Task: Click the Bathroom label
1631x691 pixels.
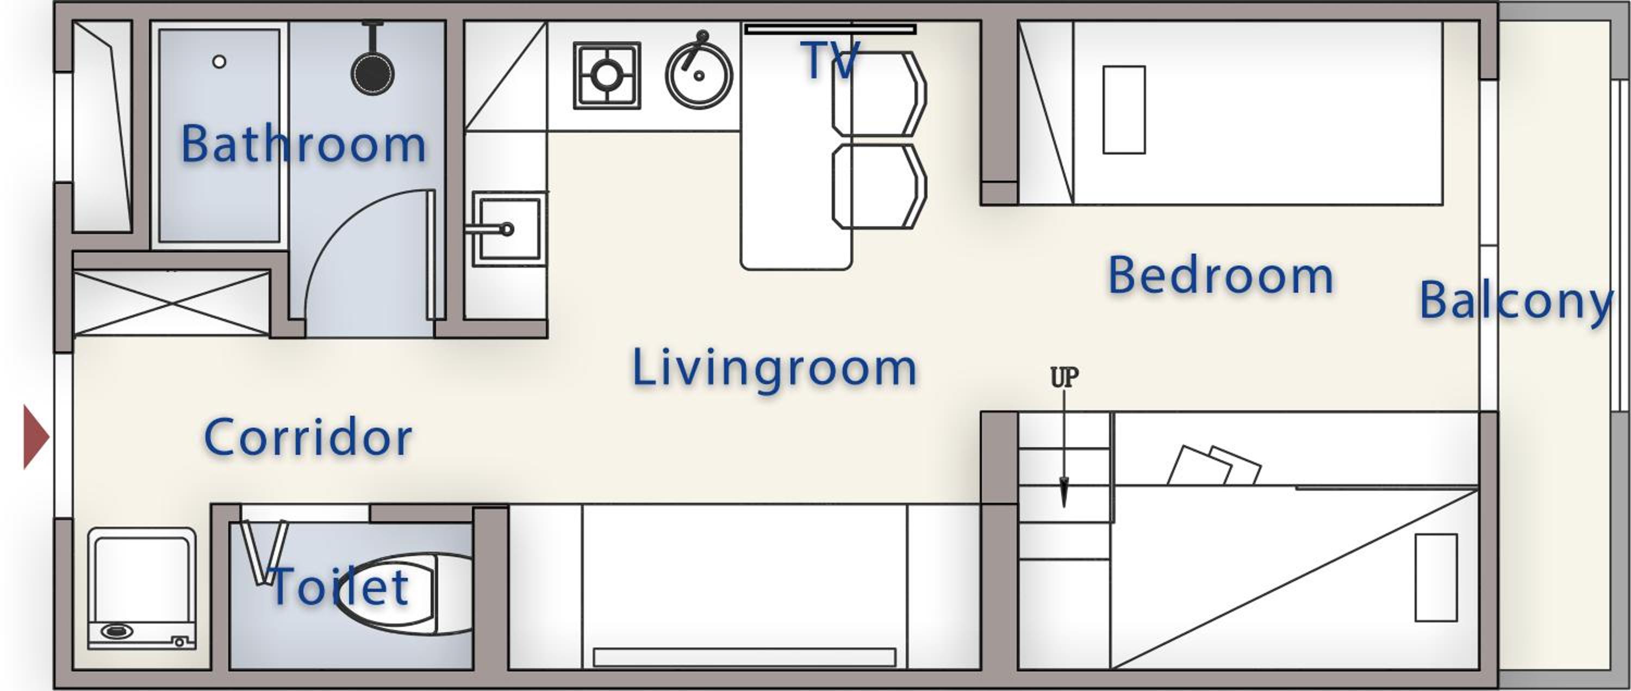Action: tap(303, 144)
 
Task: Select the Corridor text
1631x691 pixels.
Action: tap(308, 437)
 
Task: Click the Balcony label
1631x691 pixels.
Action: tap(1516, 301)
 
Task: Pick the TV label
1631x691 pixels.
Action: tap(830, 60)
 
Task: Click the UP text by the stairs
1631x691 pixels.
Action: tap(1064, 378)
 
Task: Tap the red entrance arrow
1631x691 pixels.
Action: tap(36, 437)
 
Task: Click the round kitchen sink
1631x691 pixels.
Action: tap(699, 75)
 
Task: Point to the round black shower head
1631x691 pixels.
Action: tap(373, 73)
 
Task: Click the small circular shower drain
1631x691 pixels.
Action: tap(219, 61)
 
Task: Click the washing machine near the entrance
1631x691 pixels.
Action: tap(142, 588)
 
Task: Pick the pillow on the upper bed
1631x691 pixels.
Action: tap(1124, 109)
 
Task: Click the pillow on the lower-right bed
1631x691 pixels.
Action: tap(1436, 578)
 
